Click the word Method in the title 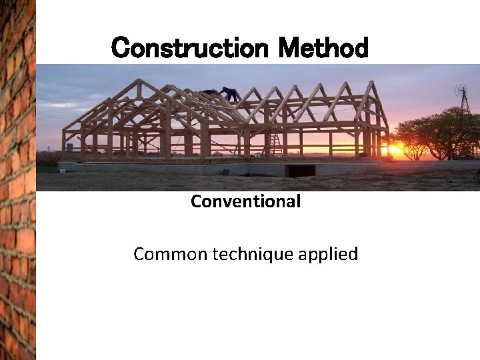pos(323,48)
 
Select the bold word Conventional pos(245,201)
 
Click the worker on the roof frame pos(230,94)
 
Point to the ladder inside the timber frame pos(273,142)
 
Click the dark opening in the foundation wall pos(299,171)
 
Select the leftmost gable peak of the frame pos(139,83)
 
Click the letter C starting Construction pos(120,48)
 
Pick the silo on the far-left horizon pos(69,147)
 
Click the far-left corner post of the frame pos(64,143)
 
